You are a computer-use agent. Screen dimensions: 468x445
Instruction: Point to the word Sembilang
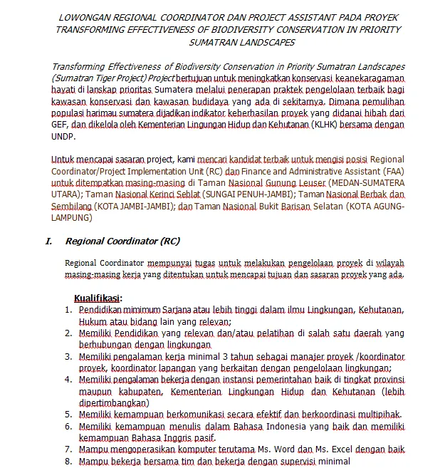[x=71, y=206]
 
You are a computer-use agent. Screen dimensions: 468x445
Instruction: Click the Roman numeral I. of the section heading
[x=49, y=241]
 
